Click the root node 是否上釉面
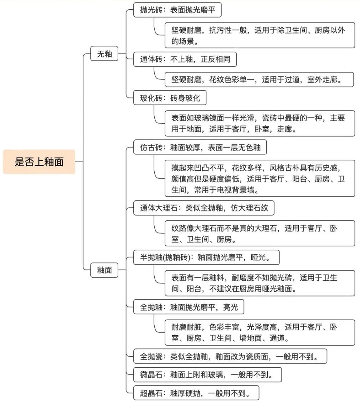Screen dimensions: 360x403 point(39,162)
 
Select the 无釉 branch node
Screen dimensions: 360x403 point(104,54)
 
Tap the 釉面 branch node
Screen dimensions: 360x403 point(104,270)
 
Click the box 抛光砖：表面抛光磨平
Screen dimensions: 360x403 point(177,10)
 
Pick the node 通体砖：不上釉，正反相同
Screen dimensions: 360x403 point(185,59)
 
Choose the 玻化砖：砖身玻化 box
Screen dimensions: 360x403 point(170,98)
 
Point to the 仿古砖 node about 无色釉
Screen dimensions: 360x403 point(200,147)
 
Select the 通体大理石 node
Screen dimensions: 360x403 point(204,208)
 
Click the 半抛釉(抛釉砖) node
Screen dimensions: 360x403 point(206,257)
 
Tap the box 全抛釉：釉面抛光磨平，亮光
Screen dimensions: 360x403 point(189,307)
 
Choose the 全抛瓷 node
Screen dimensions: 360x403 point(230,356)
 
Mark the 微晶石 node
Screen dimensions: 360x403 point(207,375)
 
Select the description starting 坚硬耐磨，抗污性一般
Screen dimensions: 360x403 point(260,35)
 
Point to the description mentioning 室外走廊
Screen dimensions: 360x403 point(259,80)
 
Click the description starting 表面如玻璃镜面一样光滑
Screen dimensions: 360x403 point(260,123)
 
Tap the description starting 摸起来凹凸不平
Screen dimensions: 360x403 point(260,178)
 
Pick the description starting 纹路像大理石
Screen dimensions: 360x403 point(260,233)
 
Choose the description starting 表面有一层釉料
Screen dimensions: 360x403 point(260,283)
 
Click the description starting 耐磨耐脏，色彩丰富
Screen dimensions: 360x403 point(260,333)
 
